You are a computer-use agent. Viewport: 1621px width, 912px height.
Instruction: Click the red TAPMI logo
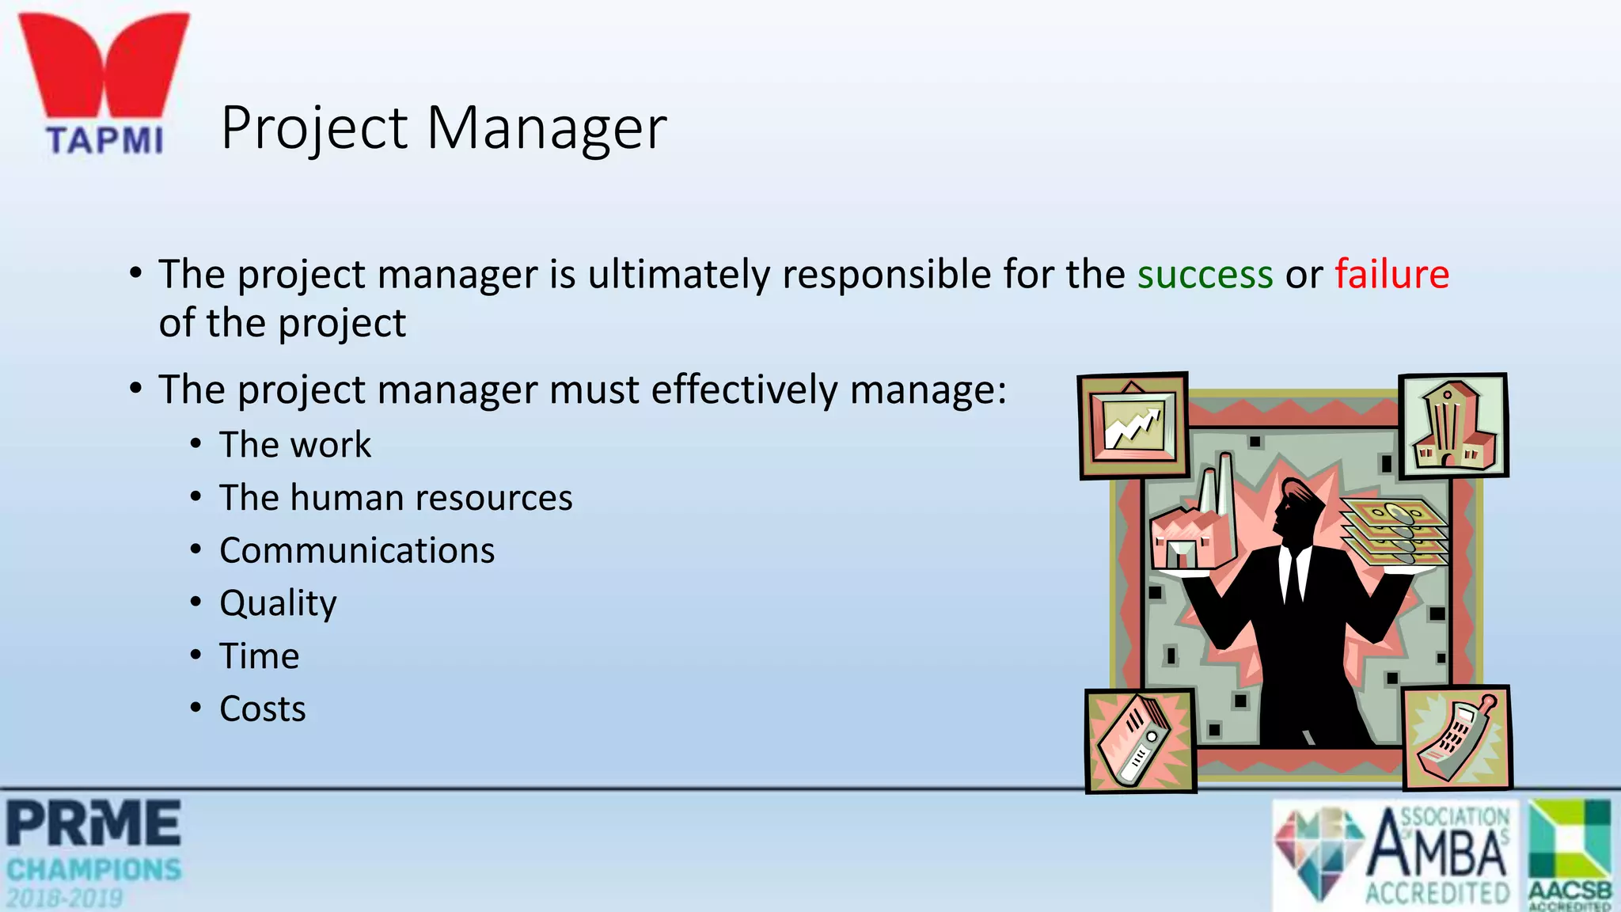click(104, 83)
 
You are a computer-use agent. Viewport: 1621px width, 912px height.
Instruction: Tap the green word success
click(1205, 275)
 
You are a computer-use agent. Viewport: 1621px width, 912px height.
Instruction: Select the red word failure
click(1391, 275)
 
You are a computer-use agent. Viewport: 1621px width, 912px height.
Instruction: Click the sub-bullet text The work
click(294, 445)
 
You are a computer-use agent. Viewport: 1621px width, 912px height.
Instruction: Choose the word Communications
click(357, 551)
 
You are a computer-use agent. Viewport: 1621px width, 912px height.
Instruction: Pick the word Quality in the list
click(278, 604)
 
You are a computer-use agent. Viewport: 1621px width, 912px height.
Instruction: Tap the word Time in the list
click(260, 656)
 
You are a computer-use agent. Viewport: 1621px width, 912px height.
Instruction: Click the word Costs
click(262, 709)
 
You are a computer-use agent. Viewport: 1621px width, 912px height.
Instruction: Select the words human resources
click(431, 498)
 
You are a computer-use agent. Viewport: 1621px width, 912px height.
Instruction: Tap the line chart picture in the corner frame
click(1134, 426)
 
